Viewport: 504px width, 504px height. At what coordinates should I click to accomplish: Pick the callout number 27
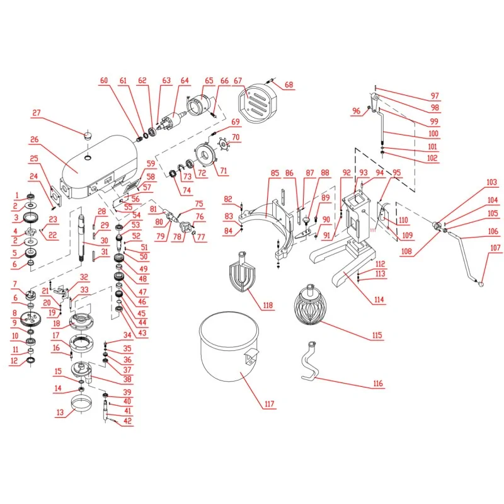37,113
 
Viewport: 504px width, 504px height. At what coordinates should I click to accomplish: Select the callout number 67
238,81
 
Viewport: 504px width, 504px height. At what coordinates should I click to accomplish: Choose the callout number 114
378,299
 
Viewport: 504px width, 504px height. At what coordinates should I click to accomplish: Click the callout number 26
34,140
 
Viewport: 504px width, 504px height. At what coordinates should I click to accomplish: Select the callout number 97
435,96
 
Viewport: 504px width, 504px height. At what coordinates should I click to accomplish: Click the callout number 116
377,383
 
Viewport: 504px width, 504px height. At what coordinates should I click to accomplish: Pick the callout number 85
275,173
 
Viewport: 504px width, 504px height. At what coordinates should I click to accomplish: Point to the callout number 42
127,421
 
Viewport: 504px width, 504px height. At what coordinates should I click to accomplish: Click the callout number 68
289,85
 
